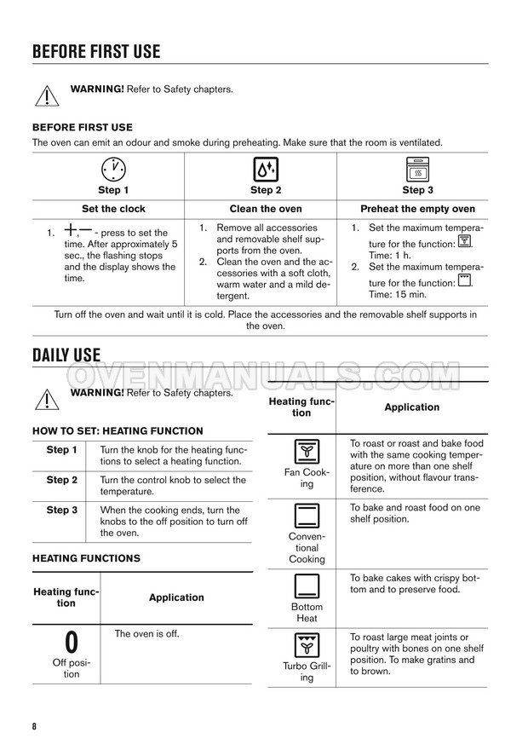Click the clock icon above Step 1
(x=113, y=169)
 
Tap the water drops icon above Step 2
(x=266, y=169)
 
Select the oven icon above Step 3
(x=417, y=169)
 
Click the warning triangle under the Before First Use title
(x=46, y=94)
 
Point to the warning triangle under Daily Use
(x=46, y=397)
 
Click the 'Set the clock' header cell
(x=113, y=209)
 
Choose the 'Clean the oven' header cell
(x=266, y=209)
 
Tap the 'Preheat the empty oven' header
(x=417, y=209)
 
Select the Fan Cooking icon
(x=307, y=452)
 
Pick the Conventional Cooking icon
(x=307, y=516)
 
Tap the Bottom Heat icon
(x=307, y=586)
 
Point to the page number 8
(x=35, y=726)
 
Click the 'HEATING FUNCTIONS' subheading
(x=86, y=558)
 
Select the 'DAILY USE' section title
(x=66, y=355)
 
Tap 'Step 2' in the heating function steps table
(x=61, y=480)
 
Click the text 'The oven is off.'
(x=147, y=634)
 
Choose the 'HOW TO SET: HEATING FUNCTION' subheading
(x=118, y=431)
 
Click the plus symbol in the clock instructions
(x=71, y=231)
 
